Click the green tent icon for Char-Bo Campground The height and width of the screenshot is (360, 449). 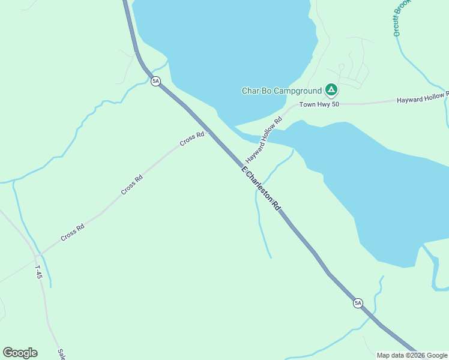[x=331, y=91]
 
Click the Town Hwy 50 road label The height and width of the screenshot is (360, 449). [x=319, y=104]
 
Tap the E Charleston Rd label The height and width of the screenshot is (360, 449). [x=261, y=188]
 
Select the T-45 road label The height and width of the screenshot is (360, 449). [x=38, y=272]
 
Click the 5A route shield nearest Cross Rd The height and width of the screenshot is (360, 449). [x=155, y=81]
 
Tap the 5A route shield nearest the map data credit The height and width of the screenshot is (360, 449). [x=358, y=303]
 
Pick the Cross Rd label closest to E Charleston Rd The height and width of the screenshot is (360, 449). [x=192, y=139]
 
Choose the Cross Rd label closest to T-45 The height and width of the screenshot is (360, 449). [x=72, y=232]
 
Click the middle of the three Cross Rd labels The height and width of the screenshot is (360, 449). [x=132, y=184]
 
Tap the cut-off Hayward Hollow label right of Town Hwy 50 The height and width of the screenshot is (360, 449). [x=423, y=98]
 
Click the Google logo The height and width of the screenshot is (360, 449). [x=20, y=353]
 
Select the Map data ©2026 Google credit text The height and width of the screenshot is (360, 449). [x=412, y=355]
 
